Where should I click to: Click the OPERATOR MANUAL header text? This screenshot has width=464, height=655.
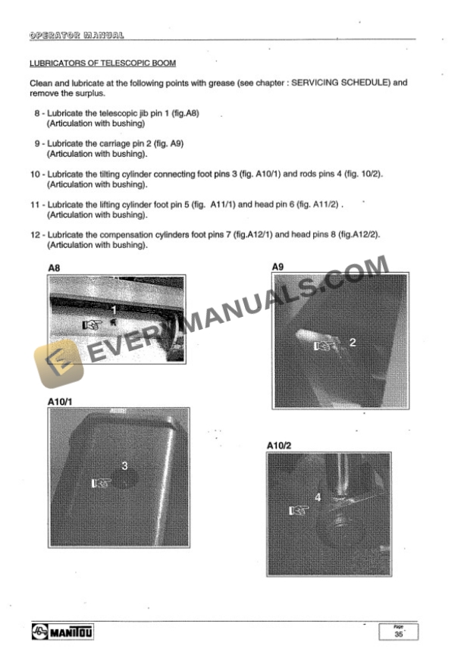click(x=77, y=35)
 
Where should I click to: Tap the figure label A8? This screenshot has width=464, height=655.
click(x=54, y=268)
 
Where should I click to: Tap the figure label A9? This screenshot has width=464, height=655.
click(x=278, y=267)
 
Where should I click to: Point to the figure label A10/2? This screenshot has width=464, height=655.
click(x=280, y=445)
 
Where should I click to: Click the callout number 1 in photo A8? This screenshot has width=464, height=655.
click(x=114, y=310)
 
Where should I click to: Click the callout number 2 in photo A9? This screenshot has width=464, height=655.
click(x=352, y=343)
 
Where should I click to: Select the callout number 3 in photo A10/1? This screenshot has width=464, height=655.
click(x=124, y=465)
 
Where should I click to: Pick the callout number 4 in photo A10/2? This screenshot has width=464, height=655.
click(x=318, y=498)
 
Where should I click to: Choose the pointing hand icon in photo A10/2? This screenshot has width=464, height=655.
click(x=298, y=510)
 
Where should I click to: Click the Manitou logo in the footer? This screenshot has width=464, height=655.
click(x=61, y=631)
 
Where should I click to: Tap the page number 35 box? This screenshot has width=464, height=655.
click(x=398, y=631)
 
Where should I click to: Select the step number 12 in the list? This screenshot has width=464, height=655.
click(x=35, y=236)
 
